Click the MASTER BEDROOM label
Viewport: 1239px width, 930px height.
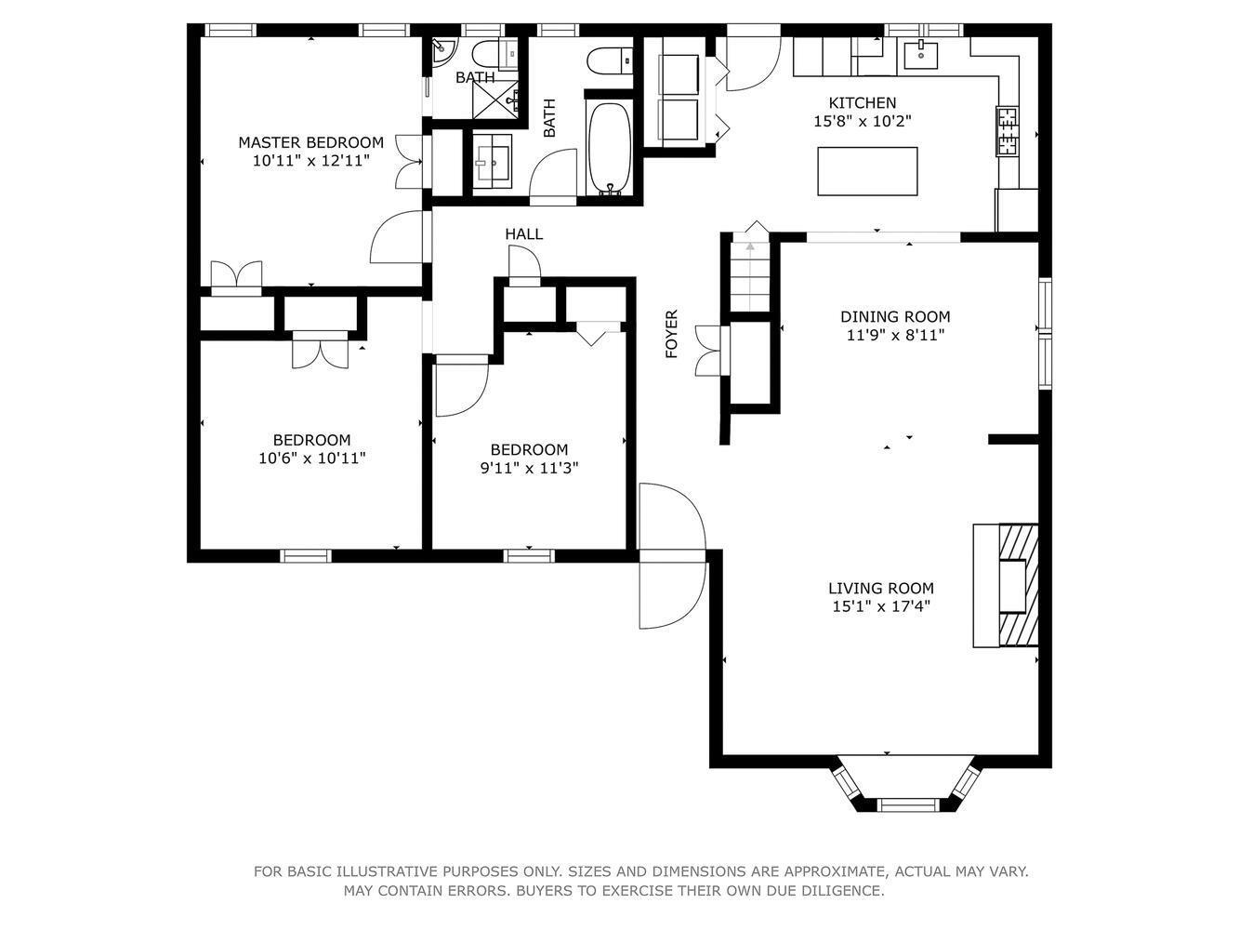pyautogui.click(x=310, y=142)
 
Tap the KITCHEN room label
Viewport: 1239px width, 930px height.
pyautogui.click(x=862, y=103)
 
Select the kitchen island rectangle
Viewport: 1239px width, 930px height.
pyautogui.click(x=867, y=171)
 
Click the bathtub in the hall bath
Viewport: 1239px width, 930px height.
pyautogui.click(x=609, y=148)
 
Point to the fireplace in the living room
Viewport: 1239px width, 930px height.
pyautogui.click(x=1006, y=585)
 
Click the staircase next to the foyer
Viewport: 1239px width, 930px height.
pyautogui.click(x=750, y=273)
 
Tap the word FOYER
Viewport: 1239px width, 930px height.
pyautogui.click(x=671, y=334)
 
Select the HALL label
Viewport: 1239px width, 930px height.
pyautogui.click(x=524, y=233)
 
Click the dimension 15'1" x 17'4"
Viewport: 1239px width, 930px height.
pyautogui.click(x=880, y=606)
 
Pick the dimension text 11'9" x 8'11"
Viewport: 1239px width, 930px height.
pyautogui.click(x=895, y=335)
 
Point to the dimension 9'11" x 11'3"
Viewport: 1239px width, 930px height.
pyautogui.click(x=529, y=468)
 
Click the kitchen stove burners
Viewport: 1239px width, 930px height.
pyautogui.click(x=1007, y=131)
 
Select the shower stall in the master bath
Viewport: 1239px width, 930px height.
pyautogui.click(x=494, y=100)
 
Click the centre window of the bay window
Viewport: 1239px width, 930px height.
pyautogui.click(x=908, y=804)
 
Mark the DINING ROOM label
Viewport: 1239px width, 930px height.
pyautogui.click(x=895, y=316)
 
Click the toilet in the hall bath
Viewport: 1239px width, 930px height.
pyautogui.click(x=610, y=61)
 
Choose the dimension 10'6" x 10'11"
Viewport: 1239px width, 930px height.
pyautogui.click(x=311, y=458)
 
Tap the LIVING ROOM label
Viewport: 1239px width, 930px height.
pyautogui.click(x=880, y=588)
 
